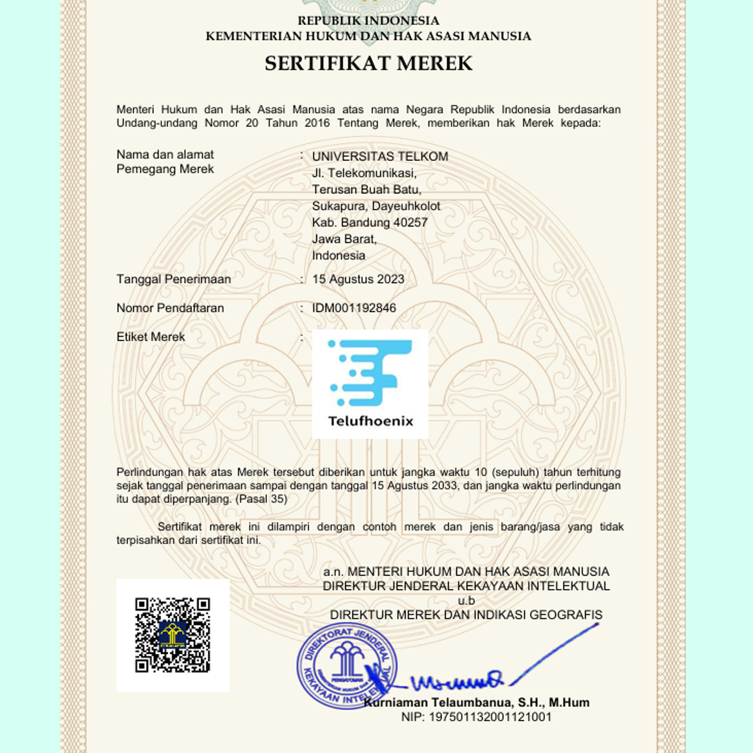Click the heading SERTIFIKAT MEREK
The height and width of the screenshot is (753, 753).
click(369, 63)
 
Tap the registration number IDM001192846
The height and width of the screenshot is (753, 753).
click(354, 308)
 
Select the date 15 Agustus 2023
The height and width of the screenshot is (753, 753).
click(358, 280)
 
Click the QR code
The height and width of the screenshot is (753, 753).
click(173, 635)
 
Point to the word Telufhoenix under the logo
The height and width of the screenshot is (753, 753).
click(371, 421)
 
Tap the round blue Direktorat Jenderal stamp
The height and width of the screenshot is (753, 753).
click(346, 666)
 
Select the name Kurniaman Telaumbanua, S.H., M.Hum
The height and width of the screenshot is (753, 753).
click(476, 703)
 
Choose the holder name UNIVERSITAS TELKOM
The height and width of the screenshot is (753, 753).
click(380, 156)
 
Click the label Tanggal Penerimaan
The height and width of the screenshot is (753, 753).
click(173, 280)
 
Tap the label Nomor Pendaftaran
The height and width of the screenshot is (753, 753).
click(170, 308)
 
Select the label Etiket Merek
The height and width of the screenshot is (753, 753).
click(151, 337)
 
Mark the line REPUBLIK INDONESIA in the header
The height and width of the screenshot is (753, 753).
click(369, 21)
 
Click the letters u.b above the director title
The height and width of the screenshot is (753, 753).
click(466, 601)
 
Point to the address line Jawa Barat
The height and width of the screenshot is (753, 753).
click(344, 239)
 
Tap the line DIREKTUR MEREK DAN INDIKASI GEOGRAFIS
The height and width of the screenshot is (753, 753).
click(466, 615)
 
